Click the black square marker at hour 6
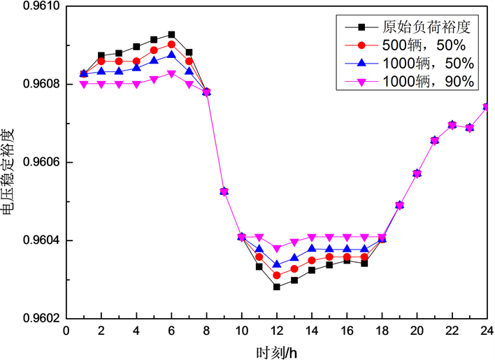pos(171,34)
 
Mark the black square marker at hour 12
pos(276,287)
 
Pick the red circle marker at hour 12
pos(276,275)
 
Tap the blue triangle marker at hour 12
pos(276,264)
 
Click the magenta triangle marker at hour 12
pos(276,248)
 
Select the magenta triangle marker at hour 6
pos(171,74)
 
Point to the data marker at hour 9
pos(224,192)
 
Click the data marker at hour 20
pos(417,173)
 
